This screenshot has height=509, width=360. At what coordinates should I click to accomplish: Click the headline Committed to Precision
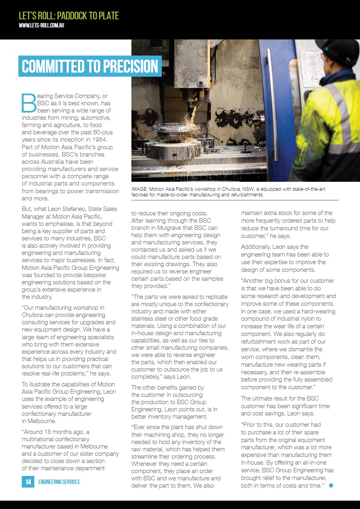coord(90,66)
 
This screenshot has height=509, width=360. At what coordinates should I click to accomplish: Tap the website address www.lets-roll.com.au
coord(42,25)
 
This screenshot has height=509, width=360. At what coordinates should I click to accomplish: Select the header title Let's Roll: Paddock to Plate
coord(69,16)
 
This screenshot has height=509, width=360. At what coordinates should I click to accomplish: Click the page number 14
coord(28,482)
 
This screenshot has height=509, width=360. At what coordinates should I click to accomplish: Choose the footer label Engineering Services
coord(59,482)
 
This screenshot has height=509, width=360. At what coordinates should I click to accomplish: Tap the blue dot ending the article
coord(331,485)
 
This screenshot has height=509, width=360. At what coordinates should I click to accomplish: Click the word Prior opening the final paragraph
coord(251,425)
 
